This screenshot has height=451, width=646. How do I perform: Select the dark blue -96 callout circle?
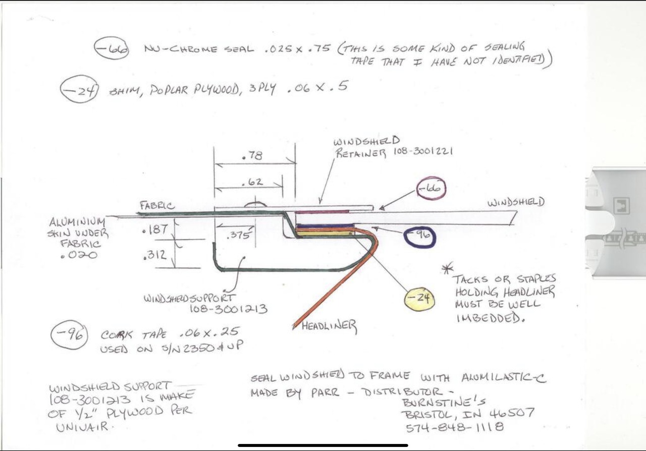[405, 237]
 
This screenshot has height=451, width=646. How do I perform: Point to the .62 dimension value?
[252, 182]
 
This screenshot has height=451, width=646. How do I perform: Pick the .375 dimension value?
[238, 235]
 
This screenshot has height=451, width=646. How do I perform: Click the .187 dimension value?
[155, 230]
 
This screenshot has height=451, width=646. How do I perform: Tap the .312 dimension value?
[155, 255]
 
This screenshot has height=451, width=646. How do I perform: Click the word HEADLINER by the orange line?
[329, 326]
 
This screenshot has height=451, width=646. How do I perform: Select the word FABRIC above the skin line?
[157, 206]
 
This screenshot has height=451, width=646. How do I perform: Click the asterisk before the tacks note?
[447, 269]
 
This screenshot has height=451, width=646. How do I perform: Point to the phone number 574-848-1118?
[455, 427]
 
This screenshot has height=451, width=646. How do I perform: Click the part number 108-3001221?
[423, 152]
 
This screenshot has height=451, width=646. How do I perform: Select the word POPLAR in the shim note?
[169, 90]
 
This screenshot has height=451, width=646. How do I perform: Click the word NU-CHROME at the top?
[181, 48]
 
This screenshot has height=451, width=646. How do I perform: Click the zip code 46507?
[512, 413]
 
